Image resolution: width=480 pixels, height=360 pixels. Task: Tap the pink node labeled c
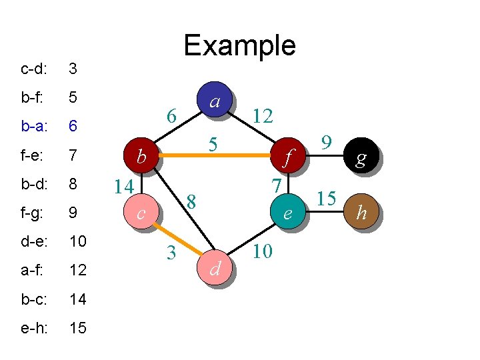pos(140,213)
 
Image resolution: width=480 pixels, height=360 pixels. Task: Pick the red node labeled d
pos(215,268)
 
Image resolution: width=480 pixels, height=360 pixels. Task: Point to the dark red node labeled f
pos(287,157)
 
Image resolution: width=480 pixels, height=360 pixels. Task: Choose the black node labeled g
pos(361,157)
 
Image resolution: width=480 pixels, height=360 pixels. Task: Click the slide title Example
pos(239,45)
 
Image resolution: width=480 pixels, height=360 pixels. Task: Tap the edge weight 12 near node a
pos(263,117)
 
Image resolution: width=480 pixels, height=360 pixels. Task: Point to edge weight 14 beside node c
pos(123,186)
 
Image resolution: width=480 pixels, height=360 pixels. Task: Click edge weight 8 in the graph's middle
pos(191,200)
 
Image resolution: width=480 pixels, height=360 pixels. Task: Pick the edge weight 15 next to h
pos(326,198)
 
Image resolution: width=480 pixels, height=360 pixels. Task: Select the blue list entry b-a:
pos(33,126)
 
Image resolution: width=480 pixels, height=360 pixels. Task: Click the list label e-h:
pos(33,328)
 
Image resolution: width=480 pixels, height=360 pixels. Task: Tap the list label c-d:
pos(33,69)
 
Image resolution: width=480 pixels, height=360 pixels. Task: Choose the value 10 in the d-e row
pos(78,241)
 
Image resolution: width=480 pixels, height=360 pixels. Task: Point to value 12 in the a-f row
pos(78,270)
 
